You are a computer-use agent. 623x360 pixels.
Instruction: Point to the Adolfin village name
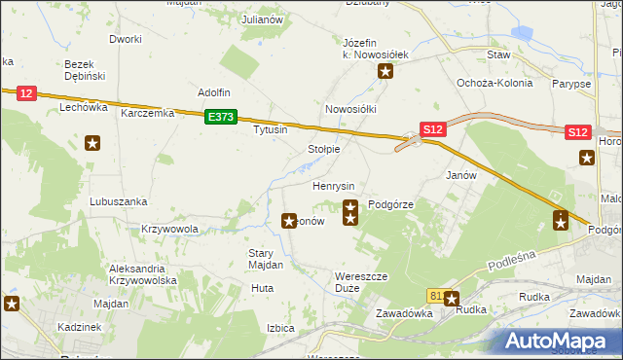[x=213, y=92]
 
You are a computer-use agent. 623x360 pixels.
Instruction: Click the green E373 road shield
[x=220, y=117]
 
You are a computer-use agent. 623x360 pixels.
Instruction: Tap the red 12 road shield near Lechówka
[x=26, y=93]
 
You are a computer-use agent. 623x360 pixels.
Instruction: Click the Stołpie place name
[x=323, y=150]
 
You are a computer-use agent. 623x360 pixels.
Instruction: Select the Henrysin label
[x=333, y=185]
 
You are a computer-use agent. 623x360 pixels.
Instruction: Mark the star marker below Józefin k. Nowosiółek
[x=386, y=71]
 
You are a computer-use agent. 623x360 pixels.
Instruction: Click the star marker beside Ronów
[x=289, y=222]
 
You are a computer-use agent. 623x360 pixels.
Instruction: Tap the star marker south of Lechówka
[x=92, y=145]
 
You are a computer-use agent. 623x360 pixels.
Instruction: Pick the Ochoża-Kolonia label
[x=495, y=83]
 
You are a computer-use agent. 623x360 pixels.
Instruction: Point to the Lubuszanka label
[x=118, y=201]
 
